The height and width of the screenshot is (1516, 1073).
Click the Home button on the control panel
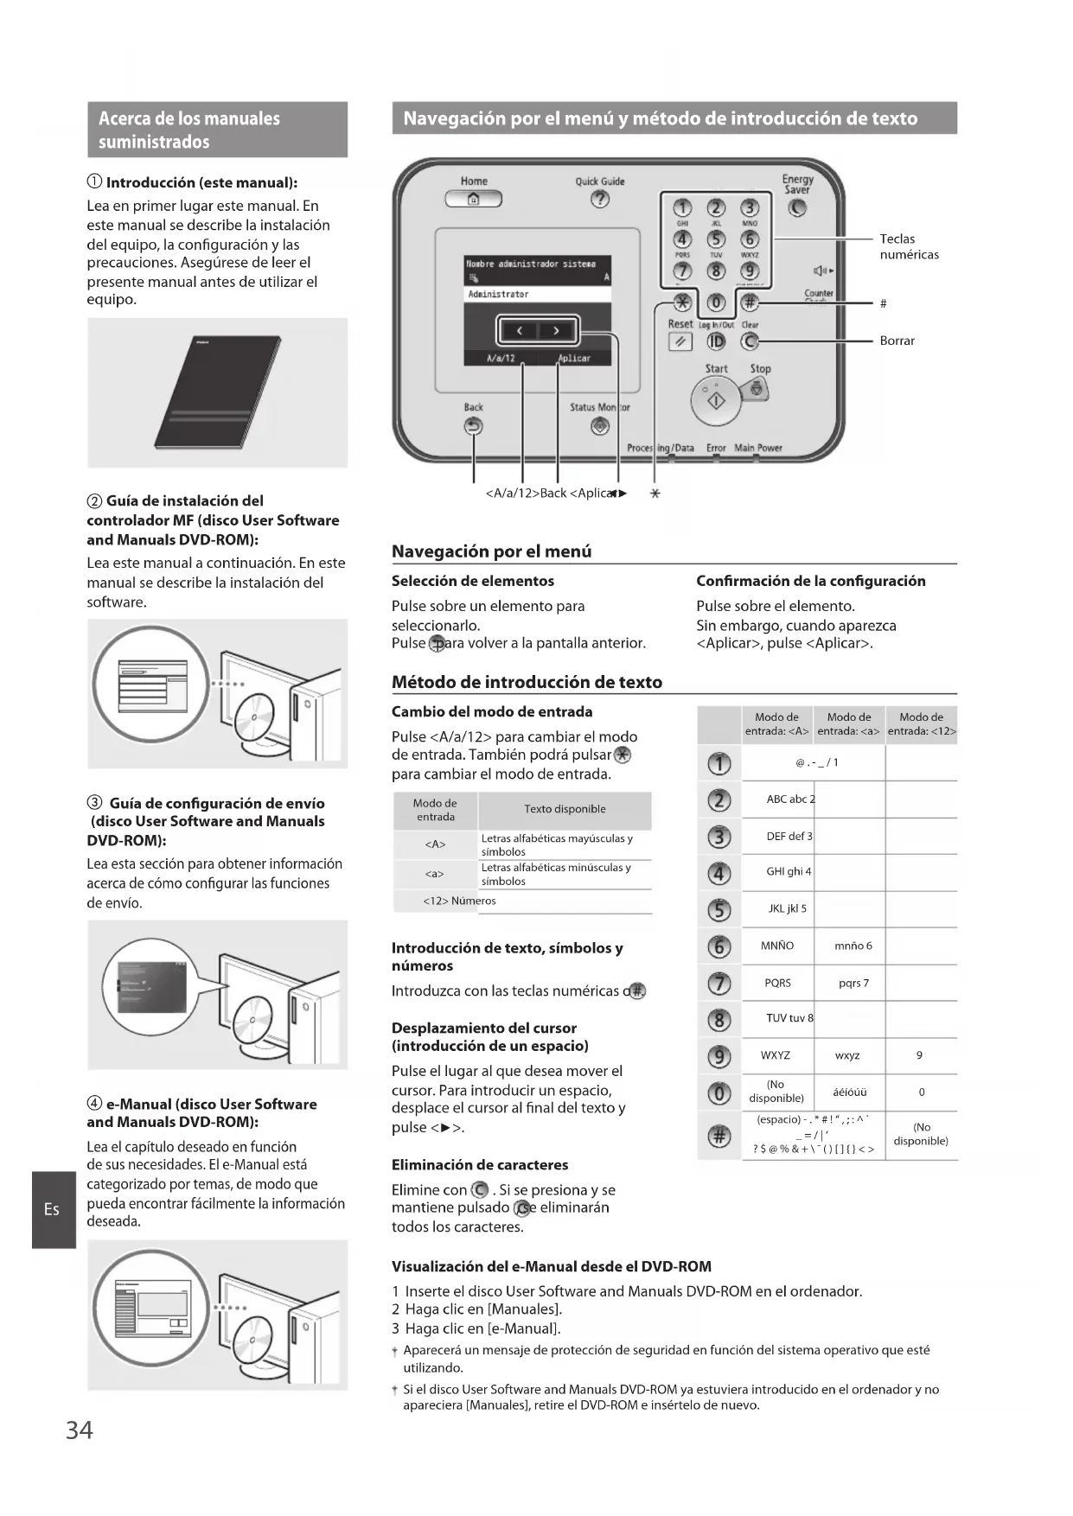(x=473, y=200)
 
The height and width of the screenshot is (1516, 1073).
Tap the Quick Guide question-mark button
(x=599, y=200)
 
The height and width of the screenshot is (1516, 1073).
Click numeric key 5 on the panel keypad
(x=716, y=239)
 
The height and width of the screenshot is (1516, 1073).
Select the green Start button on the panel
(x=716, y=401)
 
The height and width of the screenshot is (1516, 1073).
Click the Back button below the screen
(x=473, y=426)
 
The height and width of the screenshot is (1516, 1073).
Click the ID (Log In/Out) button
(x=716, y=341)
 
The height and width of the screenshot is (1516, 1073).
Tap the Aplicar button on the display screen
(x=573, y=358)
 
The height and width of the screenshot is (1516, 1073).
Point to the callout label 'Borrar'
(x=897, y=341)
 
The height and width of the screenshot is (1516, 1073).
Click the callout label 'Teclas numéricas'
(x=909, y=246)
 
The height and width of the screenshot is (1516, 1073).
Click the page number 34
(x=80, y=1430)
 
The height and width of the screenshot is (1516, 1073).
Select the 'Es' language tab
(x=53, y=1209)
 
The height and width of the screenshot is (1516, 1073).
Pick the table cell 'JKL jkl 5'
(x=787, y=908)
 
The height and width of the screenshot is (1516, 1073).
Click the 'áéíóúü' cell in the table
(x=849, y=1092)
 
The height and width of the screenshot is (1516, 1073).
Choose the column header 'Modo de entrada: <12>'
(x=921, y=724)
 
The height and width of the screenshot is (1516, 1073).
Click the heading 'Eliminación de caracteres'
(x=480, y=1165)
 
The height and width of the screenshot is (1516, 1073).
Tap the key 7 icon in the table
(x=719, y=984)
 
